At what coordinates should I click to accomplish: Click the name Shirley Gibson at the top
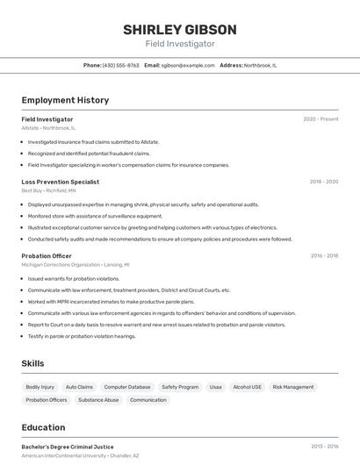(179, 28)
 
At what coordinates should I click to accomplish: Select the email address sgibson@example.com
(188, 65)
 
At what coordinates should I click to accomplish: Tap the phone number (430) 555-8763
(121, 65)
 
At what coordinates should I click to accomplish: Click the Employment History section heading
(65, 100)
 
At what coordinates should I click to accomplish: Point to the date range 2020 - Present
(320, 119)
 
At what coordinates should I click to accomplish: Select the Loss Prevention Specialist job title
(61, 182)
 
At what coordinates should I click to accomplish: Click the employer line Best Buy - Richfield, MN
(48, 190)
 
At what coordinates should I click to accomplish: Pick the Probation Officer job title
(47, 256)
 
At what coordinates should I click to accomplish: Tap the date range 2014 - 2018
(324, 256)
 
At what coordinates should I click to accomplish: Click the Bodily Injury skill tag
(40, 387)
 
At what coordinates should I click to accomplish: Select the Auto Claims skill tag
(79, 387)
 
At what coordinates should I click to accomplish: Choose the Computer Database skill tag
(127, 387)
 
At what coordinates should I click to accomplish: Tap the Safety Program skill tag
(180, 387)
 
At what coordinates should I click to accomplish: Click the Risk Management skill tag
(292, 387)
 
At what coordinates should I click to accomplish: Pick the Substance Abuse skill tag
(98, 400)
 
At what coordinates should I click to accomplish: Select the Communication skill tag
(148, 400)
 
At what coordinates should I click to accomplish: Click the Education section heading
(43, 428)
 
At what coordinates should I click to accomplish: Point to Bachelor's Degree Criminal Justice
(68, 447)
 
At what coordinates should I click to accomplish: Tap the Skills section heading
(32, 363)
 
